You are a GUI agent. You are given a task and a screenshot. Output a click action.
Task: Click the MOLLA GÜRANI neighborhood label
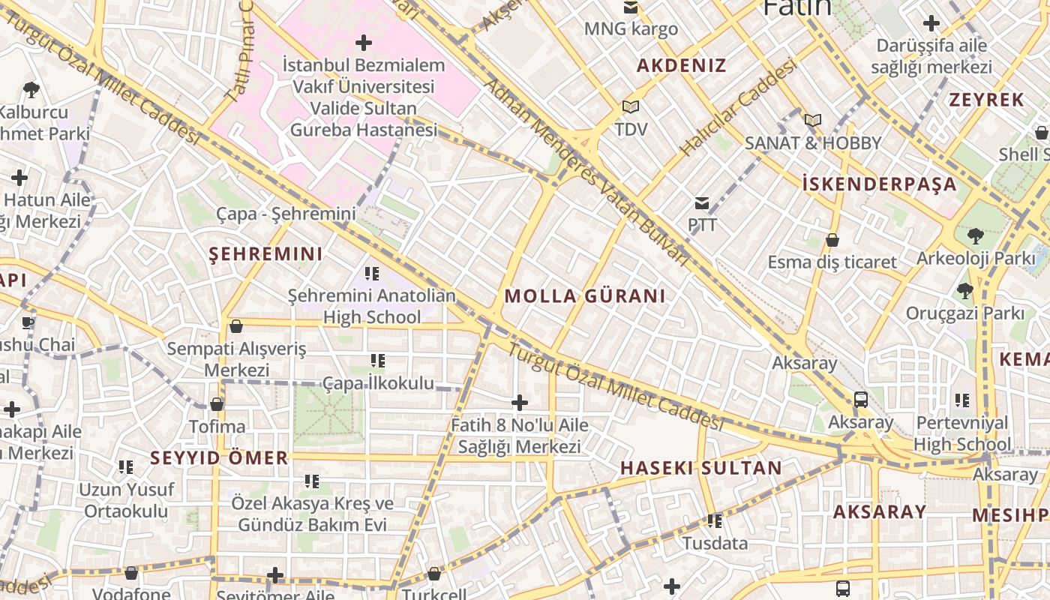[584, 296]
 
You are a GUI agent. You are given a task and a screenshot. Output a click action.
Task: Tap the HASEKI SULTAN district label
[700, 468]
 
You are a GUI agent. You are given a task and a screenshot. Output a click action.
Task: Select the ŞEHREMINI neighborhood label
[265, 253]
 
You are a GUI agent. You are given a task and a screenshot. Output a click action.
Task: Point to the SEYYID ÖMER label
[219, 457]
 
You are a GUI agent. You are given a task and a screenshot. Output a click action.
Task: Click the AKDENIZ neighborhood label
[681, 65]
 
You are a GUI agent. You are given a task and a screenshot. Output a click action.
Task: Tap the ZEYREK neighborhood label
[986, 100]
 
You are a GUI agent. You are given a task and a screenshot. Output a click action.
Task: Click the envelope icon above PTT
[702, 202]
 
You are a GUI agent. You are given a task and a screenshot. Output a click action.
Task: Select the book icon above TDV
[630, 107]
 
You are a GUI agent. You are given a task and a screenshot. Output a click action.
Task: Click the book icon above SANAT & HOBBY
[812, 120]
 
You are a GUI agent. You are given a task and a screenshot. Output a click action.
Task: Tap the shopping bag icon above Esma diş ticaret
[832, 240]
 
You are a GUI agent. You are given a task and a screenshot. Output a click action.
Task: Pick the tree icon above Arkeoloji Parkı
[975, 236]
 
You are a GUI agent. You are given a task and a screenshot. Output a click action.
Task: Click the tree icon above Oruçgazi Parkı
[964, 290]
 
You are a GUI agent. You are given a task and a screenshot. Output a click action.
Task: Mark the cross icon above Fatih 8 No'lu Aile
[519, 403]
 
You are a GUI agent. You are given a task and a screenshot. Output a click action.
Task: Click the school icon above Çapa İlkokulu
[378, 361]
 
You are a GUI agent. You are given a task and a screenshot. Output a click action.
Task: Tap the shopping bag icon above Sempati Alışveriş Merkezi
[236, 326]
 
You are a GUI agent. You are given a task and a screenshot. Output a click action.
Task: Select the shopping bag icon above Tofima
[217, 404]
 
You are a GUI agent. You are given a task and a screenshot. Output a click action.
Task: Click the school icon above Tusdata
[715, 520]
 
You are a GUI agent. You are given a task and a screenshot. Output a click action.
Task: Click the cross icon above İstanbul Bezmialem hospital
[364, 43]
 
